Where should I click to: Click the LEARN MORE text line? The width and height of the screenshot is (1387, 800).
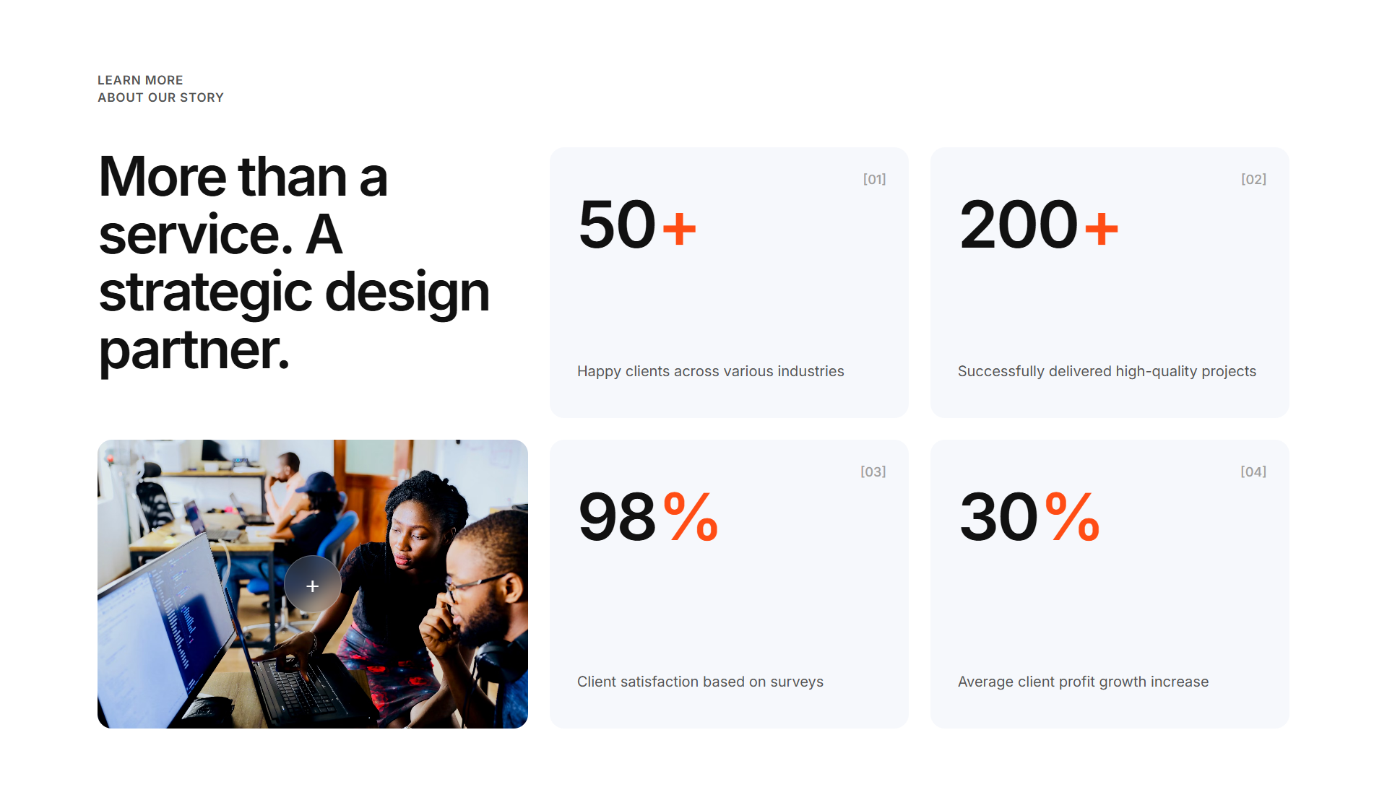[140, 80]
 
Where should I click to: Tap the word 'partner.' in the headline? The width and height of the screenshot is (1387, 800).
[194, 350]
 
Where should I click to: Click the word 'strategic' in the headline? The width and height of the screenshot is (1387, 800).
[205, 292]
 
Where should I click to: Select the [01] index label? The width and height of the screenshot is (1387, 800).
[874, 179]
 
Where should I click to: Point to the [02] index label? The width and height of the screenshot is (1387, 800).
[1253, 179]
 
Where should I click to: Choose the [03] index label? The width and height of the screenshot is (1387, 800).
[873, 471]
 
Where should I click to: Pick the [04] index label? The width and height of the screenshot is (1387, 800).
[1253, 471]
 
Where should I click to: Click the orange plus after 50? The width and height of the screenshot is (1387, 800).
[679, 229]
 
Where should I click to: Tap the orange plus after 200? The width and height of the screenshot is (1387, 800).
[1102, 229]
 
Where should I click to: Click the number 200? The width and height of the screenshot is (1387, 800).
[1019, 225]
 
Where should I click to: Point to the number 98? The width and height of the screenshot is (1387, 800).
[617, 517]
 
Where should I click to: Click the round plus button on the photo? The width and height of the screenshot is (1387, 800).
[312, 586]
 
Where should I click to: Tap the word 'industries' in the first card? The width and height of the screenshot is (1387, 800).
[811, 371]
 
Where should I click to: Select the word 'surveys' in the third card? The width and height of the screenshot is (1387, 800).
[797, 682]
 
